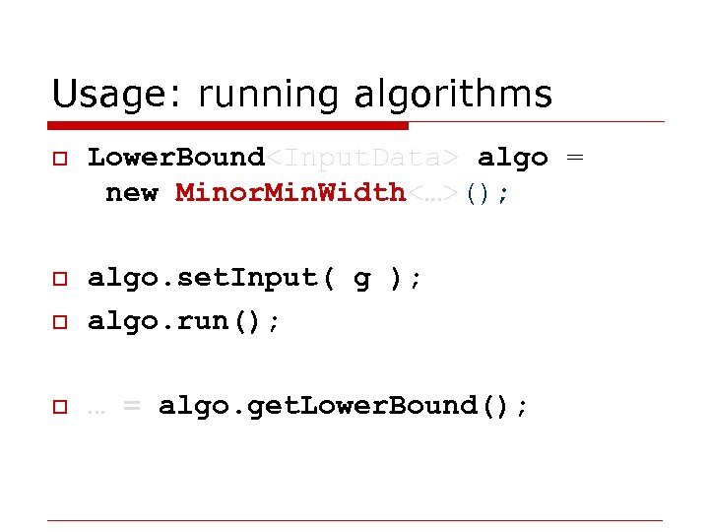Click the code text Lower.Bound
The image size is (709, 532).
pyautogui.click(x=176, y=158)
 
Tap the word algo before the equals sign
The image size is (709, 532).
pyautogui.click(x=512, y=158)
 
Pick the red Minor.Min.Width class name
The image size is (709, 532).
pyautogui.click(x=290, y=193)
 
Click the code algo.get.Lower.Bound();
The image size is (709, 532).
pyautogui.click(x=344, y=406)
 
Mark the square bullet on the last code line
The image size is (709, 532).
pyautogui.click(x=59, y=407)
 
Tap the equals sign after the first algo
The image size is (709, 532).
pyautogui.click(x=574, y=159)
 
